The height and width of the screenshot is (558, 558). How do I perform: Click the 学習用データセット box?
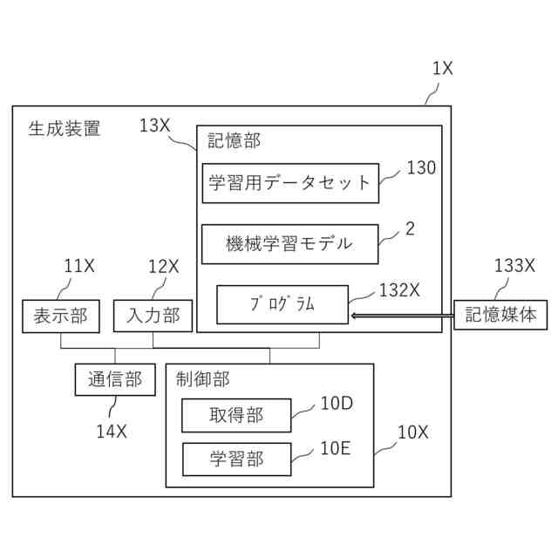coord(290,183)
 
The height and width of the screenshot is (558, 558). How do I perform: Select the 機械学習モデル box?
coord(290,244)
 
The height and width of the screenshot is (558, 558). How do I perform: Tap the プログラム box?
coord(282,304)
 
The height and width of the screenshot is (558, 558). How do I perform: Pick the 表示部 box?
coord(60,316)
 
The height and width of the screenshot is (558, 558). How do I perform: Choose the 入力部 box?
coord(153,316)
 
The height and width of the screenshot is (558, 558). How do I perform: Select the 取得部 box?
coord(235,416)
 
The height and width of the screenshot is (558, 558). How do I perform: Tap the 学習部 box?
coord(235,459)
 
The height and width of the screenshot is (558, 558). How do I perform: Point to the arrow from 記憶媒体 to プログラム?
coord(401,315)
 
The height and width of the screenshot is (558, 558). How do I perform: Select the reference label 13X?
coord(154,126)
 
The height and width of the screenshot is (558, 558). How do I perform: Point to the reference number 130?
coord(421,168)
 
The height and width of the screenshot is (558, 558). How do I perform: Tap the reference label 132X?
coord(399,290)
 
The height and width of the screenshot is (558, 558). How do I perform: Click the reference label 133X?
coord(514,266)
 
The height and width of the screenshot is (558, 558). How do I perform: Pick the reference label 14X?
coord(112,430)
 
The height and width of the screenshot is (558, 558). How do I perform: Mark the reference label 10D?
coord(336,403)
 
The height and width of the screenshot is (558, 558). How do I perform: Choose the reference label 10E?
coord(335,448)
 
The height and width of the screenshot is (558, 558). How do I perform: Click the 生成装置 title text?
coord(65,130)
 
